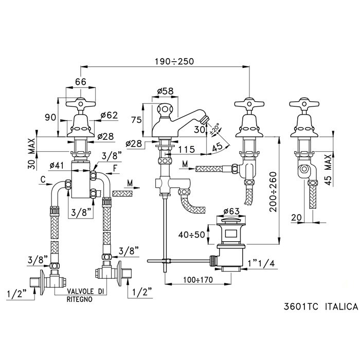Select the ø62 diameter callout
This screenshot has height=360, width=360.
click(x=109, y=115)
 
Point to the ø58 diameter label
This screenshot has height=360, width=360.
click(x=164, y=92)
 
